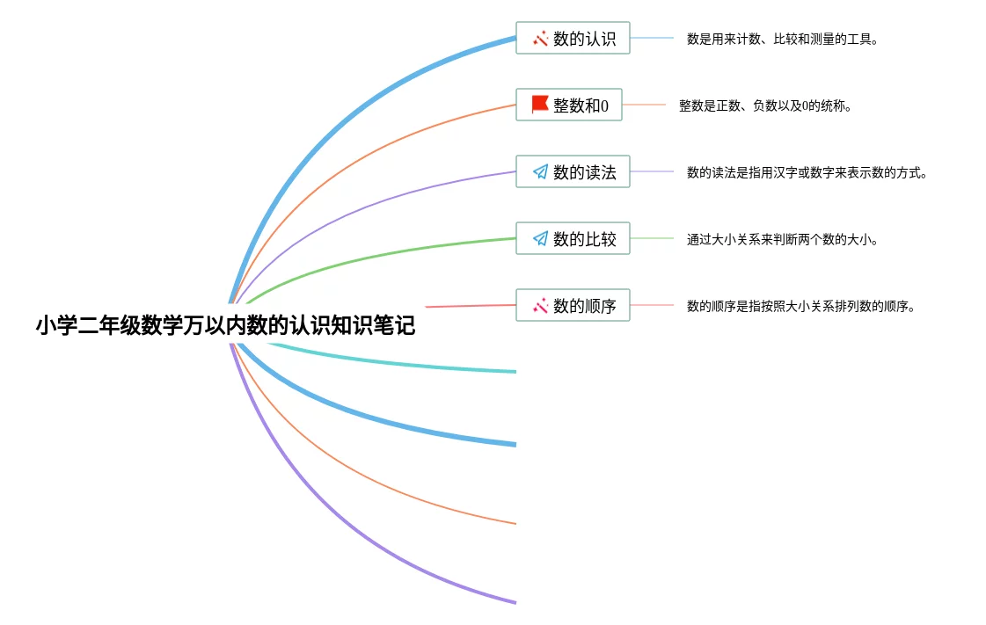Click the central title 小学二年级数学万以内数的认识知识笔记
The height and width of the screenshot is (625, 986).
pyautogui.click(x=225, y=325)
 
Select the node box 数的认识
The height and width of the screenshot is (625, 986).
pyautogui.click(x=573, y=38)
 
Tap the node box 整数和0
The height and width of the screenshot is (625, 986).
pyautogui.click(x=569, y=105)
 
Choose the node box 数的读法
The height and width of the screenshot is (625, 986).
pyautogui.click(x=573, y=171)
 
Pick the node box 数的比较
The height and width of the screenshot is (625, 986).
pyautogui.click(x=573, y=238)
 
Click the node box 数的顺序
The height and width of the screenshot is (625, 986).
pyautogui.click(x=573, y=305)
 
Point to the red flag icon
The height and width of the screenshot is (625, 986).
pyautogui.click(x=539, y=105)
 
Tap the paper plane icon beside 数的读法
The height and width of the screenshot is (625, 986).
pyautogui.click(x=540, y=171)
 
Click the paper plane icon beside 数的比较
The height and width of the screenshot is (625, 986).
pyautogui.click(x=540, y=238)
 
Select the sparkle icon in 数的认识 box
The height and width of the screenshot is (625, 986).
pyautogui.click(x=540, y=39)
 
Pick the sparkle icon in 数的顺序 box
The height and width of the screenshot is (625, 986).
pyautogui.click(x=540, y=305)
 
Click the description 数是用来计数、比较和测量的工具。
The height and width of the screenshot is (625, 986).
pyautogui.click(x=782, y=39)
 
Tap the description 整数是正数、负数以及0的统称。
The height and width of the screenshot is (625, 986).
pyautogui.click(x=765, y=105)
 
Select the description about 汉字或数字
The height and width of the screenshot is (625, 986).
pyautogui.click(x=807, y=173)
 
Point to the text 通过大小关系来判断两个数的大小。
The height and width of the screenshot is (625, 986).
pyautogui.click(x=782, y=239)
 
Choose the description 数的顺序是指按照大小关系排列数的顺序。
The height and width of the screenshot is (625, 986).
pyautogui.click(x=800, y=306)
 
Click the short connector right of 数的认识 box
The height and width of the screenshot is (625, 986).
pyautogui.click(x=652, y=38)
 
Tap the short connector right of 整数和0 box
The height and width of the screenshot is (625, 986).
pyautogui.click(x=644, y=105)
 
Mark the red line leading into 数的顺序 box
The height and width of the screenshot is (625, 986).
pyautogui.click(x=471, y=306)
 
